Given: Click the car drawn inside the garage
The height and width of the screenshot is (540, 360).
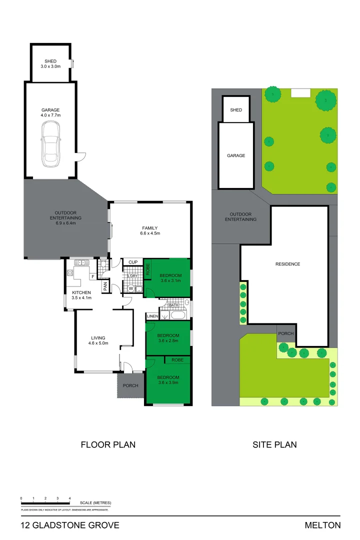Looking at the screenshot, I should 51,144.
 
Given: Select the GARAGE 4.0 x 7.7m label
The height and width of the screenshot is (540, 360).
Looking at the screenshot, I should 50,112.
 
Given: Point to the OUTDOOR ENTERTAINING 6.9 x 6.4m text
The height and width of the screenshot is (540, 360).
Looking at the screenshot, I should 65,218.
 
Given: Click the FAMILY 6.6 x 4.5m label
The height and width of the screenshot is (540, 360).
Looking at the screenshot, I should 150,230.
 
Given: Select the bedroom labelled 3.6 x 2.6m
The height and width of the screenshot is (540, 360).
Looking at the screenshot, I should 168,338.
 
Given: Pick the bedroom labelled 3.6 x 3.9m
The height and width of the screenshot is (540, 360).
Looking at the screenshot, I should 168,380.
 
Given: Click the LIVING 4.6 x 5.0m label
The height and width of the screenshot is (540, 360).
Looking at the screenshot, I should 97,340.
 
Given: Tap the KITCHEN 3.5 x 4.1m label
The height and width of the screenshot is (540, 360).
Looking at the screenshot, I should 81,295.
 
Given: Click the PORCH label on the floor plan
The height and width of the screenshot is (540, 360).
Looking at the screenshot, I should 130,385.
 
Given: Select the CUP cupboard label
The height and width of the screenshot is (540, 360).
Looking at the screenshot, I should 133,262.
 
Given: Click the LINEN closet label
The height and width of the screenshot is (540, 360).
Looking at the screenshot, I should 152,316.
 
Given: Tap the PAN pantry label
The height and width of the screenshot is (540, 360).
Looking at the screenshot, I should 105,286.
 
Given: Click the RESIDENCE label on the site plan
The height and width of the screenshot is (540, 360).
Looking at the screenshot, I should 287,264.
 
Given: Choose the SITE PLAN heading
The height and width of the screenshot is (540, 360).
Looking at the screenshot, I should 275,444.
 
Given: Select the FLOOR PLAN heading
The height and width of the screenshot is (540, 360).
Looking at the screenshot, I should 108,444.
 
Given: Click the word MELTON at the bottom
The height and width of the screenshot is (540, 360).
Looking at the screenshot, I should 322,525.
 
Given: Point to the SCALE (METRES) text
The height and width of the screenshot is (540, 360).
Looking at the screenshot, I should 95,502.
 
